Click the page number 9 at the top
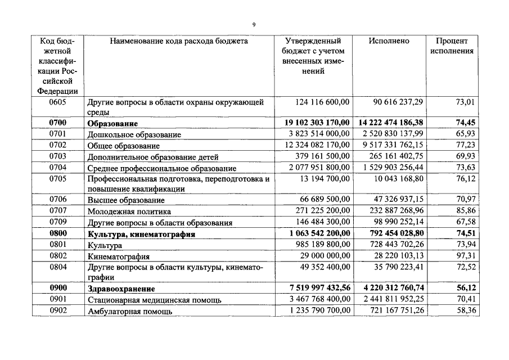tap(254, 25)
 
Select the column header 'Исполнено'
tap(389, 41)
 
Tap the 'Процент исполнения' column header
tap(452, 46)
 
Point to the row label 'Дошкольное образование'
tap(134, 135)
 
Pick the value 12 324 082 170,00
tap(315, 146)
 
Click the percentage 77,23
tap(465, 146)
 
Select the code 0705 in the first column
tap(58, 179)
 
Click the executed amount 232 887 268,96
tap(391, 211)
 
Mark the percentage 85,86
tap(465, 211)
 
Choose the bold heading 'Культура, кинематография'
tap(141, 234)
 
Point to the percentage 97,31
tap(465, 256)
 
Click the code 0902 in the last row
tap(58, 310)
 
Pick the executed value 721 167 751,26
tap(391, 310)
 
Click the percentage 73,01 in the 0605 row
tap(465, 102)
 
